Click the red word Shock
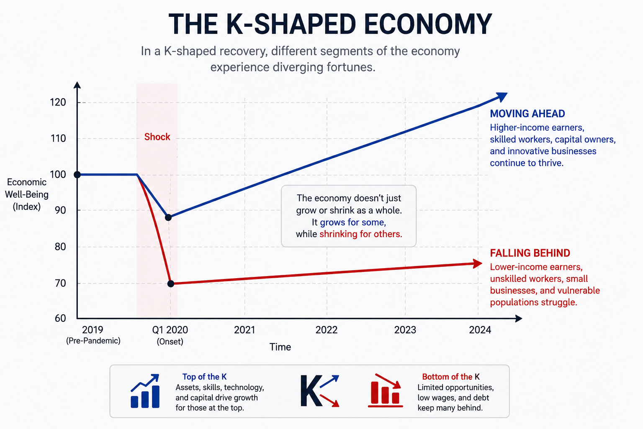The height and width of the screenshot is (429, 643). (157, 137)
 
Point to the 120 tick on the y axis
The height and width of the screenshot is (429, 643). (58, 102)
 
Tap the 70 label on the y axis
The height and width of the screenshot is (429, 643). (60, 283)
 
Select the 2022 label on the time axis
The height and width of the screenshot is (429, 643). (327, 330)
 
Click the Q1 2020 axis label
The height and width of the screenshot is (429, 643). (170, 330)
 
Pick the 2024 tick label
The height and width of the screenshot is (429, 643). (480, 330)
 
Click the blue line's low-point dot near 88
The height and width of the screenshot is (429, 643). (169, 217)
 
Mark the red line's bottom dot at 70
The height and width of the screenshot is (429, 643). (171, 284)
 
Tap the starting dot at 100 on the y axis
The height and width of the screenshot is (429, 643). (77, 174)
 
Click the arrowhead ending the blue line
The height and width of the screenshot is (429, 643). (502, 96)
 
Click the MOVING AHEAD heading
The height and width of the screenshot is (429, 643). (527, 114)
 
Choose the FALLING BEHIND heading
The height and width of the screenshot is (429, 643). (530, 253)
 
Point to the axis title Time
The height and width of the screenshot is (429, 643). (280, 347)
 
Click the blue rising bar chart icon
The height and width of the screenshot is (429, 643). (145, 391)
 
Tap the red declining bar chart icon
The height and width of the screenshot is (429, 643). (385, 390)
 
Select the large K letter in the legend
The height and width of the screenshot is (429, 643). (311, 391)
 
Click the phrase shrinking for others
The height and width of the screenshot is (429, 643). (361, 234)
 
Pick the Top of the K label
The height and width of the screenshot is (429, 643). (204, 377)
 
